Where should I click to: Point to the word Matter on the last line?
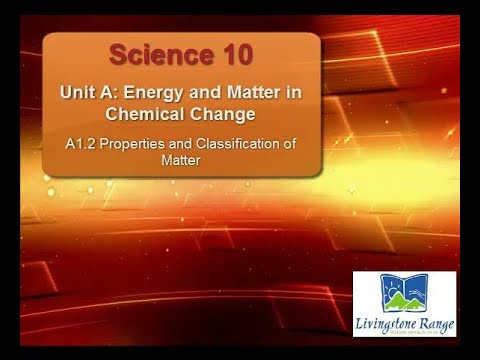[x=181, y=159]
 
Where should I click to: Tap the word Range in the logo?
[x=435, y=324]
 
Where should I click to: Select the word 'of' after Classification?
[x=290, y=144]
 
